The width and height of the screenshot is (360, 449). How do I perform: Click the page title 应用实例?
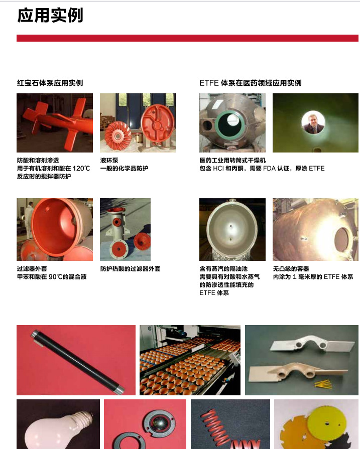[50, 15]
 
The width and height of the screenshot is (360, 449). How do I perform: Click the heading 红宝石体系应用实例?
[50, 83]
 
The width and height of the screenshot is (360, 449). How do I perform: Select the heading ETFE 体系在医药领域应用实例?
[250, 83]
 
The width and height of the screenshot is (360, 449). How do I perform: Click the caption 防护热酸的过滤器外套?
[130, 268]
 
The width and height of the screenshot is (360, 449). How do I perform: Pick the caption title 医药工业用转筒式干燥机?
[232, 160]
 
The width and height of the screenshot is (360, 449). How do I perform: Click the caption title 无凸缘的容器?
[291, 268]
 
